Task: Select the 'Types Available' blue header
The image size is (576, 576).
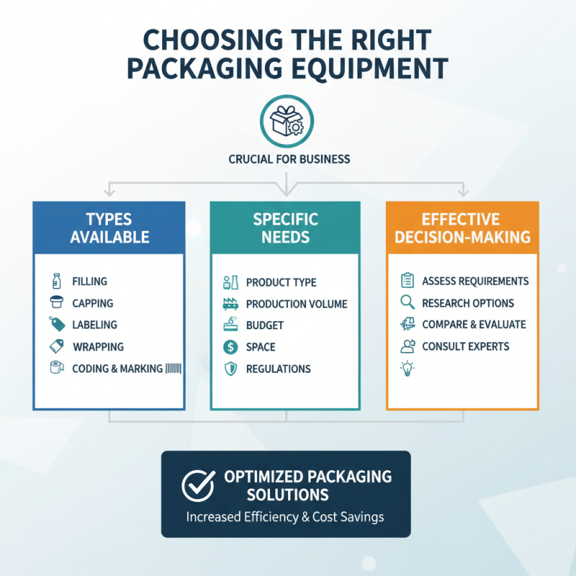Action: tap(109, 228)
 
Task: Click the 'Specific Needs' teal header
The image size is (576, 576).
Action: tap(285, 228)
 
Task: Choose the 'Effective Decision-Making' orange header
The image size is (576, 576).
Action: tap(462, 228)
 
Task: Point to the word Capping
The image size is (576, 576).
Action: tap(93, 303)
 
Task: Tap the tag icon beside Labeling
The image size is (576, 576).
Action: tap(56, 325)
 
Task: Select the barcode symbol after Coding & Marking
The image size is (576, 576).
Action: tap(174, 368)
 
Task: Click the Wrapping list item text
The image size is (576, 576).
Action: tap(98, 346)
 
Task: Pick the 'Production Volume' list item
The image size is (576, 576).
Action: tap(297, 304)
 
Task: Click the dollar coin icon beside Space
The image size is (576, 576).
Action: tap(230, 346)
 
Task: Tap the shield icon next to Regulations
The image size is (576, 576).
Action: tap(230, 369)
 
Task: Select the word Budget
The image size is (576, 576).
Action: tap(264, 325)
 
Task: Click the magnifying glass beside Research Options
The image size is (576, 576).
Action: tap(408, 303)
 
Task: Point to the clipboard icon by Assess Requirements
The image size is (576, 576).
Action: tap(408, 281)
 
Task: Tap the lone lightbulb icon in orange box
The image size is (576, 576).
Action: tap(408, 369)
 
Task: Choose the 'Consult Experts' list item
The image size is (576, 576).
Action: tap(465, 346)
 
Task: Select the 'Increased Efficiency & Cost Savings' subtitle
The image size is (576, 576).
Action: tap(285, 516)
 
